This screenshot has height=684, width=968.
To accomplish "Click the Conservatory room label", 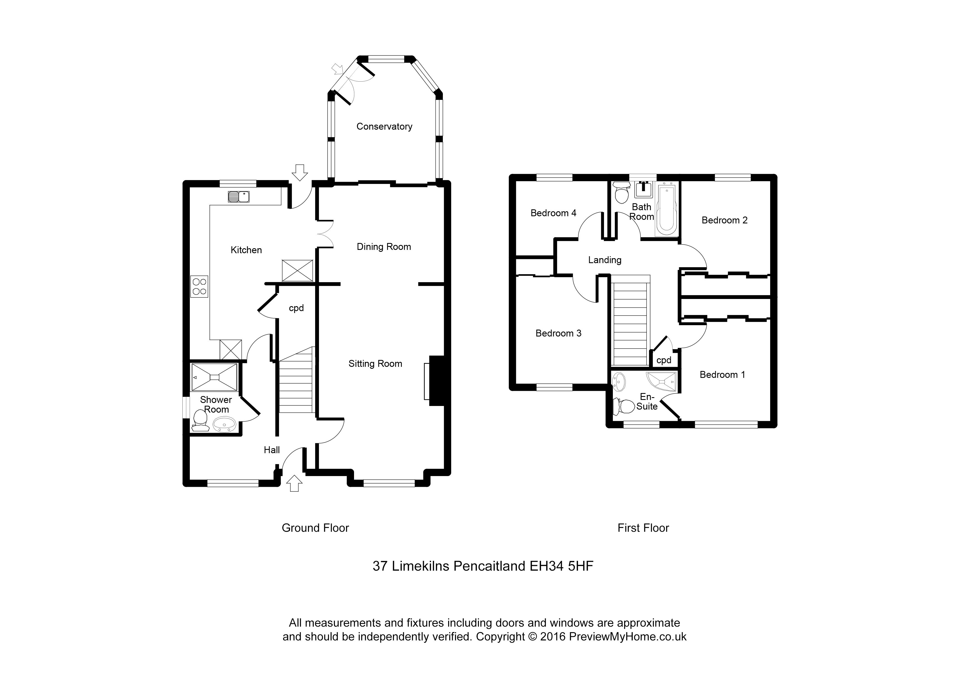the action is click(384, 126).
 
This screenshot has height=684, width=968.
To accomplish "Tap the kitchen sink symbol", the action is click(239, 196).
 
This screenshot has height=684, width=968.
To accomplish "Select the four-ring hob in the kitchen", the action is click(199, 286).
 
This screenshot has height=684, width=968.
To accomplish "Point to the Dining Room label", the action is click(384, 247).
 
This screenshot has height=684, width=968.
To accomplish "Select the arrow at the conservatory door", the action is click(337, 69).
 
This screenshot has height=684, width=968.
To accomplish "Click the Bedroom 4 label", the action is click(553, 213).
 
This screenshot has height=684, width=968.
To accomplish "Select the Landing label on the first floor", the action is click(605, 260).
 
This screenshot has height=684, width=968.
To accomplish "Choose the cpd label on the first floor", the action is click(664, 360).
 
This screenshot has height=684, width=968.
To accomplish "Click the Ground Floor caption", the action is click(315, 528).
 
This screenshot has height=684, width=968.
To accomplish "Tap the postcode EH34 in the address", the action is click(546, 566).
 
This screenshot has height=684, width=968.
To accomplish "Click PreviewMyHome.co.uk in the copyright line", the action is click(627, 637).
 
